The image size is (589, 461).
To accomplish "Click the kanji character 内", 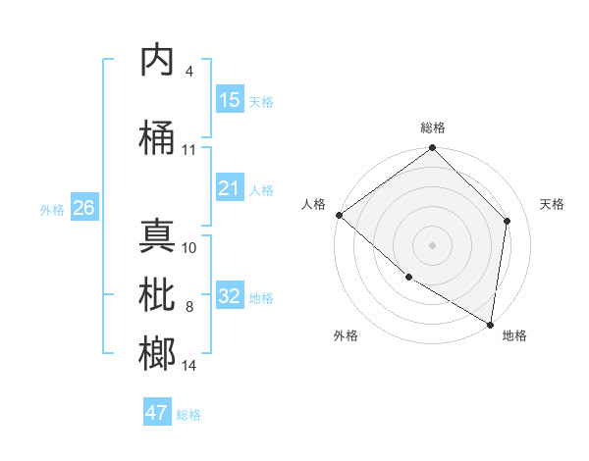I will tap(158, 60).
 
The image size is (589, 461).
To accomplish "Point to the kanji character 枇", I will tap(158, 295).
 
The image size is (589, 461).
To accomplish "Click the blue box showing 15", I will tap(230, 100).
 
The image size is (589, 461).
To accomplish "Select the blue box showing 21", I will tap(230, 188).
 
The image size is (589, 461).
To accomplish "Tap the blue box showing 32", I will tap(230, 296).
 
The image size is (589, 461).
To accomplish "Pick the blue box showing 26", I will tap(83, 208).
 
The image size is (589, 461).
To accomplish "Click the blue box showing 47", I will tap(157, 413).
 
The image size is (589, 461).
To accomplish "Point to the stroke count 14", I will tap(189, 366).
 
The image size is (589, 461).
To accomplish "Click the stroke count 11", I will tap(189, 150).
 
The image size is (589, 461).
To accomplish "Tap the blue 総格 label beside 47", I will tap(188, 415).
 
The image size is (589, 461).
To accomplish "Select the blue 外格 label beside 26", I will tap(52, 209).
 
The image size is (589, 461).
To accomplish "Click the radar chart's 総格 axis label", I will tap(433, 128).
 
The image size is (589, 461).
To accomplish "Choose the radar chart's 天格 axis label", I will tap(552, 204).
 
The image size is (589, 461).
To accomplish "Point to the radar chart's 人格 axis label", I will tap(314, 204).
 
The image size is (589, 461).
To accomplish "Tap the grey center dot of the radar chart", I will tap(433, 244).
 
